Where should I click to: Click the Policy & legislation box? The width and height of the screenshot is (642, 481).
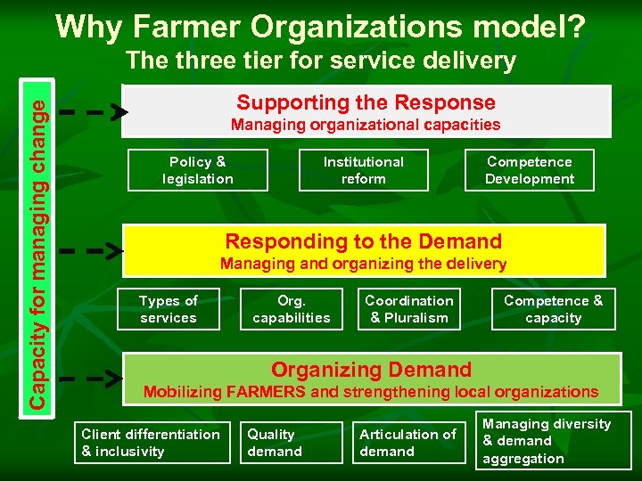click(x=198, y=170)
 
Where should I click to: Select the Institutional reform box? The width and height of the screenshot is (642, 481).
click(x=363, y=170)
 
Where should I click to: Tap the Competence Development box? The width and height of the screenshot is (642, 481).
click(x=530, y=170)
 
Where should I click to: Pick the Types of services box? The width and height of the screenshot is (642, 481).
click(x=169, y=309)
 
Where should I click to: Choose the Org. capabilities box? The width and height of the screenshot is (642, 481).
click(x=292, y=309)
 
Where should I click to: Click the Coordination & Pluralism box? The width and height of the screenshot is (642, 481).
click(x=409, y=309)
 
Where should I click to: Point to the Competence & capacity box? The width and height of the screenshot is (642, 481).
click(x=553, y=309)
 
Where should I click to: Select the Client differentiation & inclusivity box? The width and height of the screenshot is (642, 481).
click(x=151, y=443)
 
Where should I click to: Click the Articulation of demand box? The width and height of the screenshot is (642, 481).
click(x=408, y=443)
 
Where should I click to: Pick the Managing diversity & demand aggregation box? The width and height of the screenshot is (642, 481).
click(x=547, y=441)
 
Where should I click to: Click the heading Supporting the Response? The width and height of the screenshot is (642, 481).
click(x=366, y=102)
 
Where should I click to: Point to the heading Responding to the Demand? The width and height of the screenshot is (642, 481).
click(x=364, y=240)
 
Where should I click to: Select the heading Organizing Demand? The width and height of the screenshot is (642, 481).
click(x=371, y=369)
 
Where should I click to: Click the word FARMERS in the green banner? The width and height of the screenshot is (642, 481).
click(x=268, y=392)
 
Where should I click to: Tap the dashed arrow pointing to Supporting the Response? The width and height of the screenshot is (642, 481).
click(x=94, y=112)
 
